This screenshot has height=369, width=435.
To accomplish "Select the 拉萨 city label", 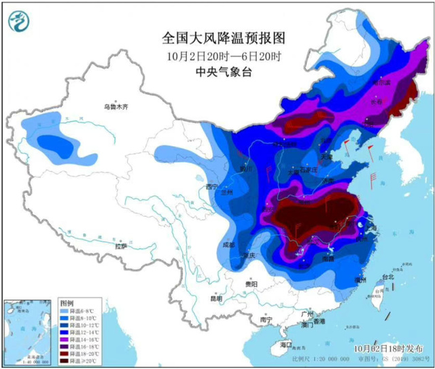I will (x=120, y=247).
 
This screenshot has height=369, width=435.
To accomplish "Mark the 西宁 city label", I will (x=211, y=186).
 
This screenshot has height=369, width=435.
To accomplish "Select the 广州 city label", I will (x=307, y=315).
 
